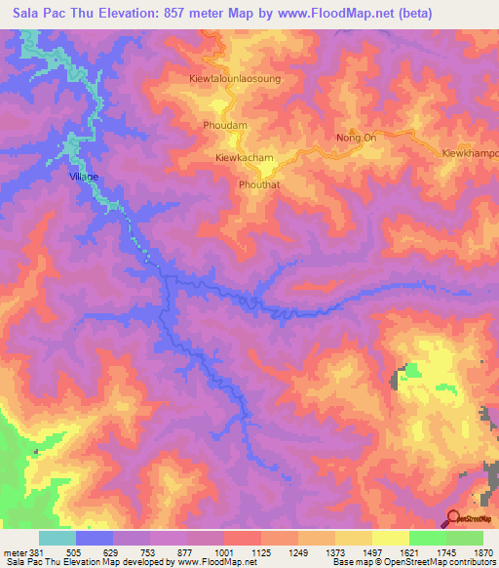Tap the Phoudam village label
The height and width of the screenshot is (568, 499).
click(x=223, y=126)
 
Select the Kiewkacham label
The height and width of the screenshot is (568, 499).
click(x=244, y=157)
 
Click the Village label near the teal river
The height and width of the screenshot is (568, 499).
click(x=84, y=177)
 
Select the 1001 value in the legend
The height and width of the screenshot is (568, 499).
click(x=223, y=551)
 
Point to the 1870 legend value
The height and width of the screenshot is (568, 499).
click(x=482, y=551)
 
